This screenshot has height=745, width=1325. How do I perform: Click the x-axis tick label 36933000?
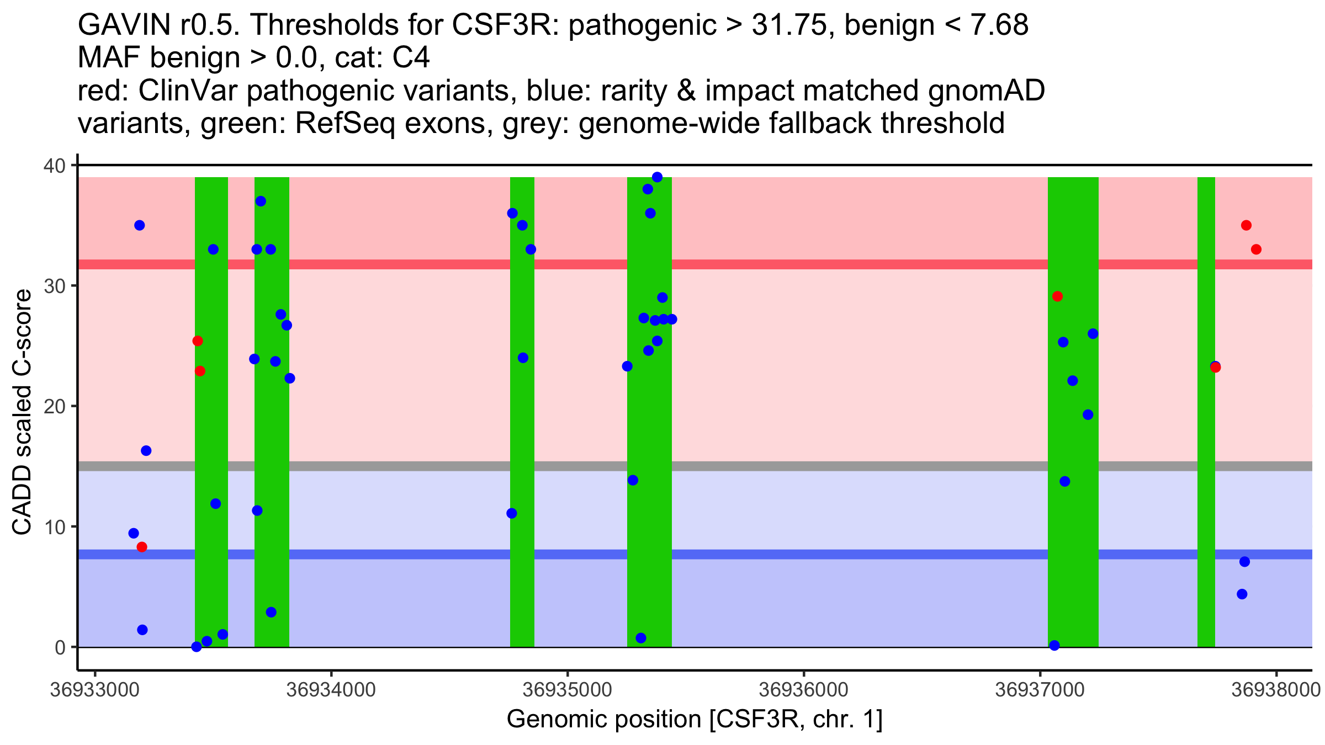coord(94,690)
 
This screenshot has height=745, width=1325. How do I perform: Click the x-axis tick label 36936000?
coord(803,690)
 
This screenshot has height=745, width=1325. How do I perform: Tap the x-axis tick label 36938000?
coord(1275,690)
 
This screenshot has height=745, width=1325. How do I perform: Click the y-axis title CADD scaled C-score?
coord(22,412)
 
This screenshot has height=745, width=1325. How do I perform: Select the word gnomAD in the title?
coord(986,91)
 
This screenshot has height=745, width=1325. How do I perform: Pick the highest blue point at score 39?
coord(657,177)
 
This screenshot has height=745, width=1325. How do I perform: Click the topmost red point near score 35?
coord(1246,225)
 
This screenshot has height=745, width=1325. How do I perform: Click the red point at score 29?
coord(1057,296)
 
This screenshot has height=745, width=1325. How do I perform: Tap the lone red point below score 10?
coord(142,547)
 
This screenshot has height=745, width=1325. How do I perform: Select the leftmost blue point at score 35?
coord(140,225)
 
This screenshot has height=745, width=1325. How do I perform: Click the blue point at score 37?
coord(261,201)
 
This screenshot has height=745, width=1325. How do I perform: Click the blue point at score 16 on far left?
coord(146,451)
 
